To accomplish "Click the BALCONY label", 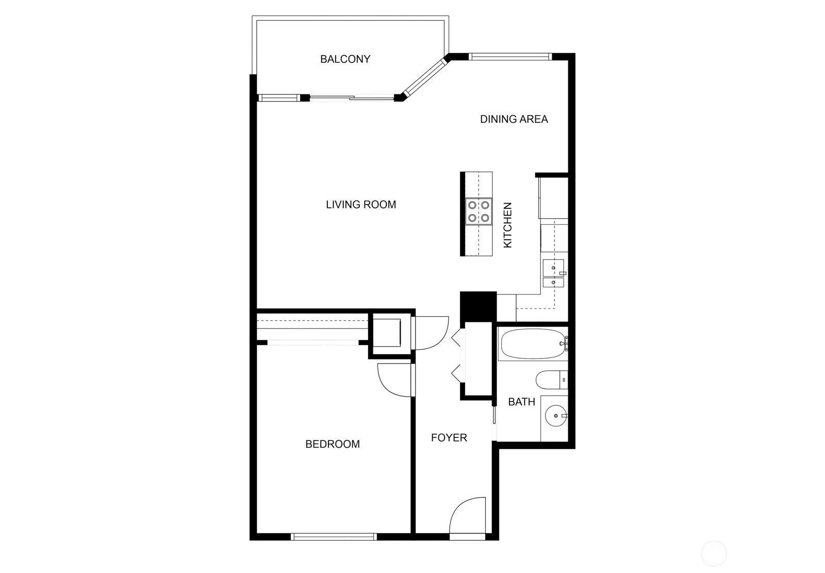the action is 345,59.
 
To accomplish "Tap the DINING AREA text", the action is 514,119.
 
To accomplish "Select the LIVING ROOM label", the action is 361,205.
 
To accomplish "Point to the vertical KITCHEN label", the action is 507,225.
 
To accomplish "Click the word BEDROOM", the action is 333,444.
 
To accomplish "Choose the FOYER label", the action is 449,438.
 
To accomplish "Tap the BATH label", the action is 521,402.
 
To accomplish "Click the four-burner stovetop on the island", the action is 478,211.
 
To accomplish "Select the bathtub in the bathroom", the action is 533,344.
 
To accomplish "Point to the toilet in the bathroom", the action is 552,380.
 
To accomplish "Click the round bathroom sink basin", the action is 556,416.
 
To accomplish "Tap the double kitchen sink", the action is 554,273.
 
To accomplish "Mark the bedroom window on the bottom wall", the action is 334,536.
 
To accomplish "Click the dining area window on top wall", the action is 510,57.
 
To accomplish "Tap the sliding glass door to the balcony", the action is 352,98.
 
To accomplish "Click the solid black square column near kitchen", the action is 478,306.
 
